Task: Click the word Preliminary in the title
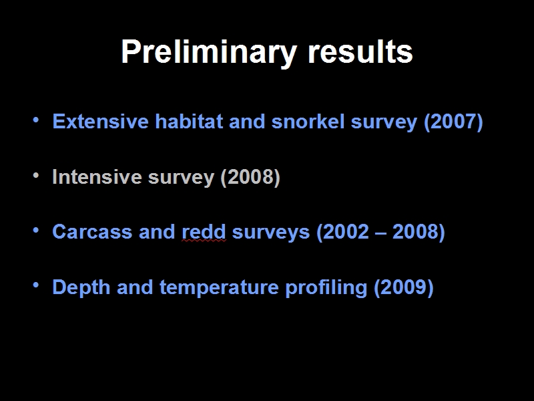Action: (x=209, y=53)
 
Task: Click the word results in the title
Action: (x=360, y=51)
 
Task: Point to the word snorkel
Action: (x=308, y=121)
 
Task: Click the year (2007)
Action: (x=453, y=122)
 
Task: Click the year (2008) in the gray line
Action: (x=250, y=177)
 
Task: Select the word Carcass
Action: (x=92, y=232)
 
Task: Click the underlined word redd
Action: (x=204, y=232)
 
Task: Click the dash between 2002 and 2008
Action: (x=380, y=233)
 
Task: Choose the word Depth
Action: (x=81, y=287)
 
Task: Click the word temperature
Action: (x=219, y=288)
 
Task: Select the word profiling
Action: (x=326, y=288)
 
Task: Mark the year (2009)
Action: (x=404, y=288)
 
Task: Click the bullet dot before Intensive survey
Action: (x=36, y=175)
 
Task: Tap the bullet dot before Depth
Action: (x=36, y=285)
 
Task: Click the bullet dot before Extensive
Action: (x=36, y=120)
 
